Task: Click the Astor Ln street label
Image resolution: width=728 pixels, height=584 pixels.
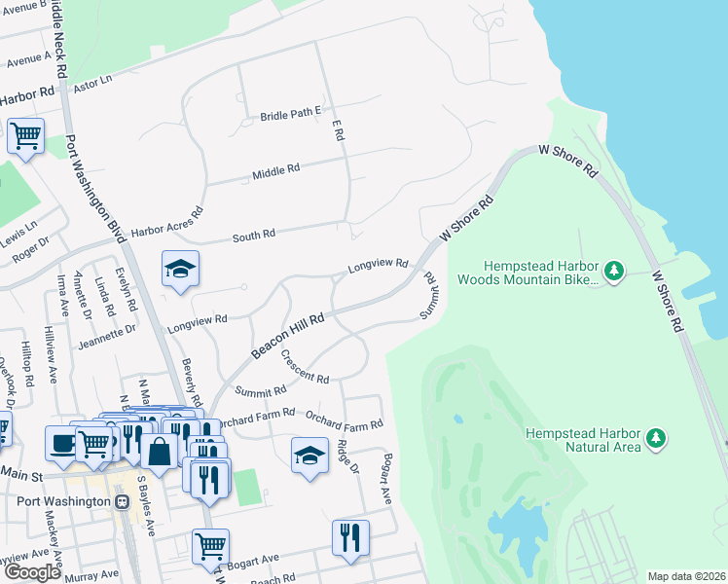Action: click(x=94, y=87)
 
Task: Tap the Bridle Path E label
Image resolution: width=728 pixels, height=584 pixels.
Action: click(x=290, y=114)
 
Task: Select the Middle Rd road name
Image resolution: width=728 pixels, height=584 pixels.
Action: click(x=275, y=171)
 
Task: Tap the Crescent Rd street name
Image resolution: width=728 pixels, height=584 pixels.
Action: click(x=305, y=367)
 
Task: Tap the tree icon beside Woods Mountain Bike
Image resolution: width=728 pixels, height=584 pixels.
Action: click(x=613, y=270)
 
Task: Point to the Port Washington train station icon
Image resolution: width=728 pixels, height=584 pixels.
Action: click(x=122, y=502)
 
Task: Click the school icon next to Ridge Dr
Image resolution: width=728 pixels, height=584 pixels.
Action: click(x=309, y=455)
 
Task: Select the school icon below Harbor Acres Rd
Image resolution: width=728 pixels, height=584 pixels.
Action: click(x=180, y=269)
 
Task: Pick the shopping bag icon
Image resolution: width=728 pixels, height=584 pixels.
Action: click(x=159, y=451)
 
